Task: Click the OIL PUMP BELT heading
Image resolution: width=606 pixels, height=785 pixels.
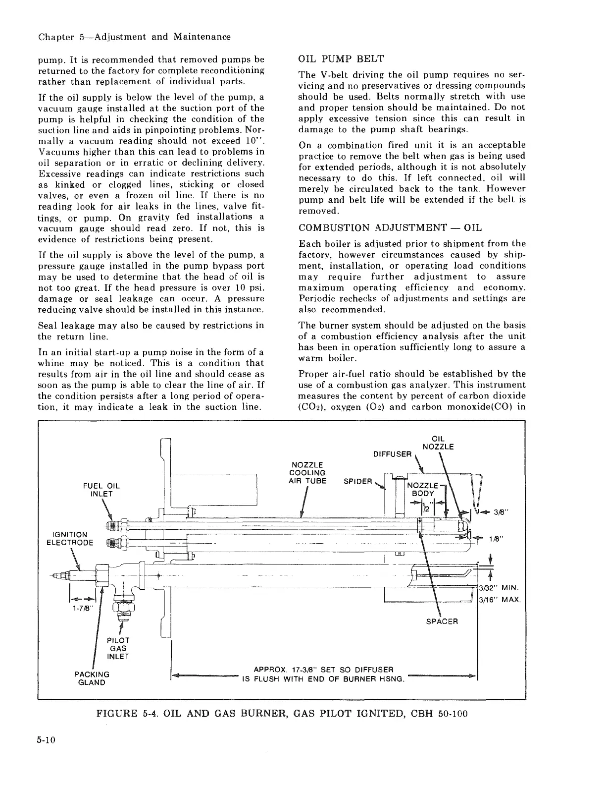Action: pos(341,59)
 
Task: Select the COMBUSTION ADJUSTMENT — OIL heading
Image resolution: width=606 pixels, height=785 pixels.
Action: pos(390,227)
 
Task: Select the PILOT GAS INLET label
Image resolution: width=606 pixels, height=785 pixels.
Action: pos(118,648)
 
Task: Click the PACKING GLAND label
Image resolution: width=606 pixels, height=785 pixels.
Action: pos(92,678)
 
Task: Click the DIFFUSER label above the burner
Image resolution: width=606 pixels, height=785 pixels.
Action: pos(392,454)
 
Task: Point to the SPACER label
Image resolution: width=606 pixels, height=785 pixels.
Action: pos(442,621)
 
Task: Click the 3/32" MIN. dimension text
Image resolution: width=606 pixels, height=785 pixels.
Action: pos(498,588)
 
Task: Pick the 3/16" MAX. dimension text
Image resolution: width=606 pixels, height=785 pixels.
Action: pos(499,599)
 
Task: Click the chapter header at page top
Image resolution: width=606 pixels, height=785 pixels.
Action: pos(134,37)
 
